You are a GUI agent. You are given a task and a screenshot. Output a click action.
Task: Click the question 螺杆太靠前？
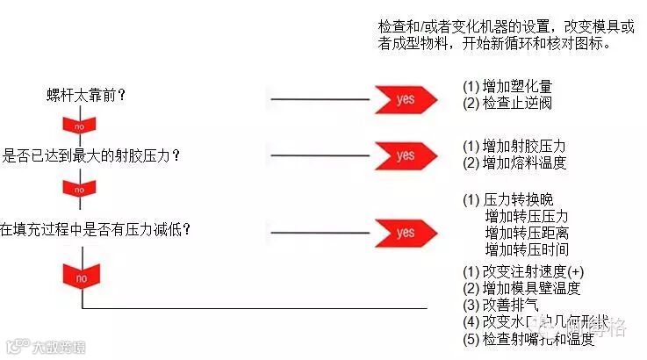pyautogui.click(x=86, y=96)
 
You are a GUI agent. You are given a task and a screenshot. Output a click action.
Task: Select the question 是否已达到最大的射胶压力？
pyautogui.click(x=92, y=155)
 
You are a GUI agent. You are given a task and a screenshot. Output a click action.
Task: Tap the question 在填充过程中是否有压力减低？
pyautogui.click(x=96, y=229)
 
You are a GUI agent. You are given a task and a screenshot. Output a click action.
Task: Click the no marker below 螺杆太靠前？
pyautogui.click(x=80, y=126)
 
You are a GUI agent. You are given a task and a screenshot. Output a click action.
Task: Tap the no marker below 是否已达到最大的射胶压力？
pyautogui.click(x=80, y=189)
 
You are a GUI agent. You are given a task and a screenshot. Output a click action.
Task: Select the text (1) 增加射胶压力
pyautogui.click(x=514, y=146)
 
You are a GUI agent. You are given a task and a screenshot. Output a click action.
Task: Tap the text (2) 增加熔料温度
pyautogui.click(x=514, y=162)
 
